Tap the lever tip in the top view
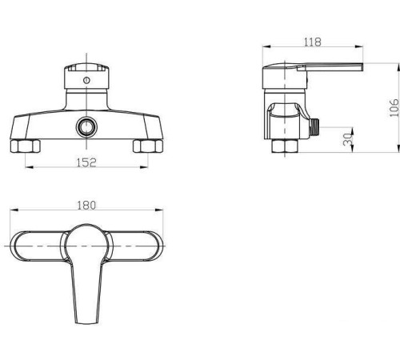pyautogui.click(x=86, y=316)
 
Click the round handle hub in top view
pyautogui.click(x=86, y=241)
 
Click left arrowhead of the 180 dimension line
pyautogui.click(x=13, y=212)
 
